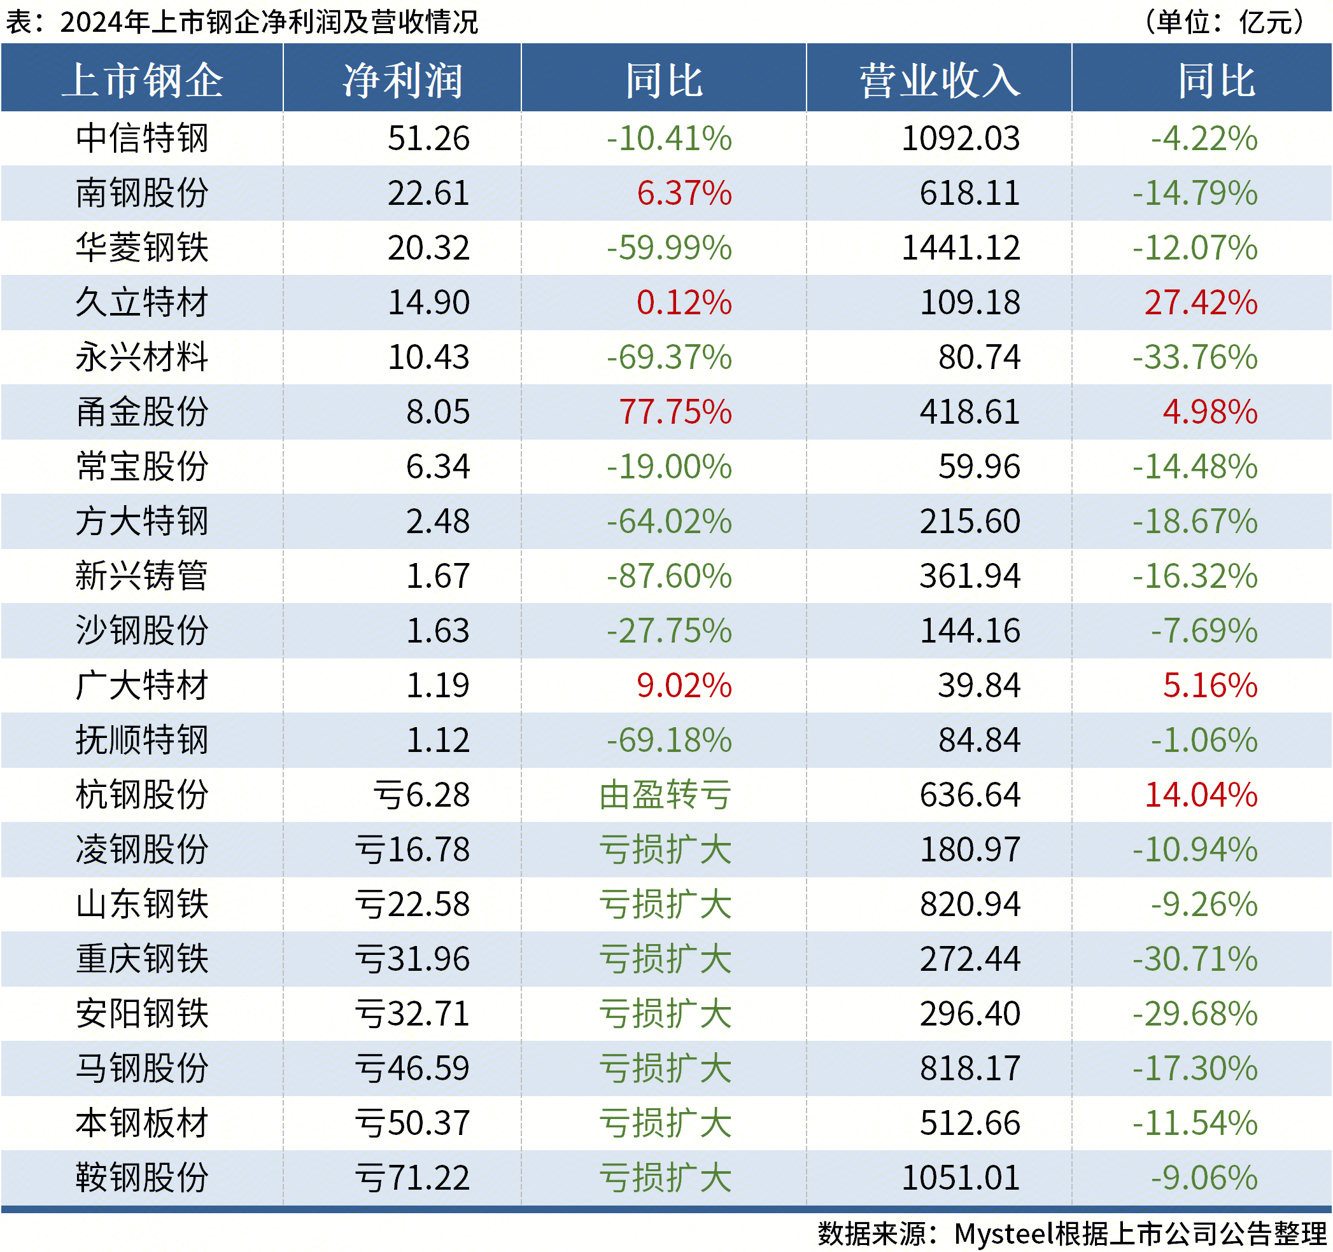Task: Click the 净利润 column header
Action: point(402,80)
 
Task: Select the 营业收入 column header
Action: point(940,80)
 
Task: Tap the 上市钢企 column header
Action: point(142,80)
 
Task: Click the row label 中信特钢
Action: point(142,138)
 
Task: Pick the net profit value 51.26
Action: point(428,138)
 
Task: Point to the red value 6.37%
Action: point(684,193)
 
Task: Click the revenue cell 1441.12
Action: point(960,248)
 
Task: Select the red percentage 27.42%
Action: point(1200,302)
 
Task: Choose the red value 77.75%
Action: point(675,412)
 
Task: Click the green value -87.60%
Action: point(668,576)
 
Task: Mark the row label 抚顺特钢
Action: point(142,740)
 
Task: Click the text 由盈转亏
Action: point(665,795)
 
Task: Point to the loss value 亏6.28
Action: point(421,795)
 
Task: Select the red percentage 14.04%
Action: point(1200,795)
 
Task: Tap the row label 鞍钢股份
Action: point(142,1178)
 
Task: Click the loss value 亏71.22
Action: point(412,1178)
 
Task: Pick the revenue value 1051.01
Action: point(960,1178)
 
